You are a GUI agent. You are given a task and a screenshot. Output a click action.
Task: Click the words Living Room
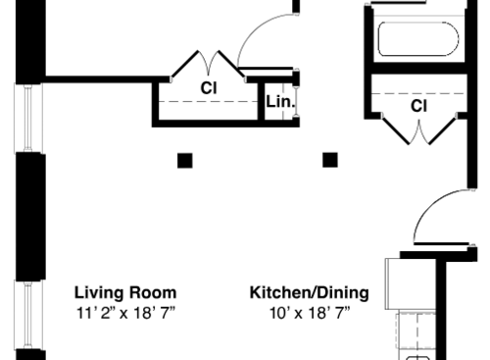(x=125, y=292)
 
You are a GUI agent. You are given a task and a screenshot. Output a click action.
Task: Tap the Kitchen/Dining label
(x=309, y=292)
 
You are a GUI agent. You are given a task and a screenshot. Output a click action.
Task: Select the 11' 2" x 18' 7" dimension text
(x=125, y=313)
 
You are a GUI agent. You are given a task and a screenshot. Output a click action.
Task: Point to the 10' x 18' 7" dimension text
(x=309, y=313)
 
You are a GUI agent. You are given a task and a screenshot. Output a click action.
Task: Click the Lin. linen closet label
(x=278, y=99)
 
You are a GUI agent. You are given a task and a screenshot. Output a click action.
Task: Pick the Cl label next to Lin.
(x=208, y=88)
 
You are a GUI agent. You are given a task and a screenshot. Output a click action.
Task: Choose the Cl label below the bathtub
(x=418, y=105)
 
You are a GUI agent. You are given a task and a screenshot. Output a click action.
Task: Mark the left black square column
(x=184, y=160)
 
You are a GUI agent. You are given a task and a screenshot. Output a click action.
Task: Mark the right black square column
(x=330, y=160)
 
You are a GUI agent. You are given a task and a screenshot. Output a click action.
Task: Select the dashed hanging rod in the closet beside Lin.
(x=208, y=102)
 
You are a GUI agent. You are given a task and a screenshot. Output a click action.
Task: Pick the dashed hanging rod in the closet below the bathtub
(x=418, y=91)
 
